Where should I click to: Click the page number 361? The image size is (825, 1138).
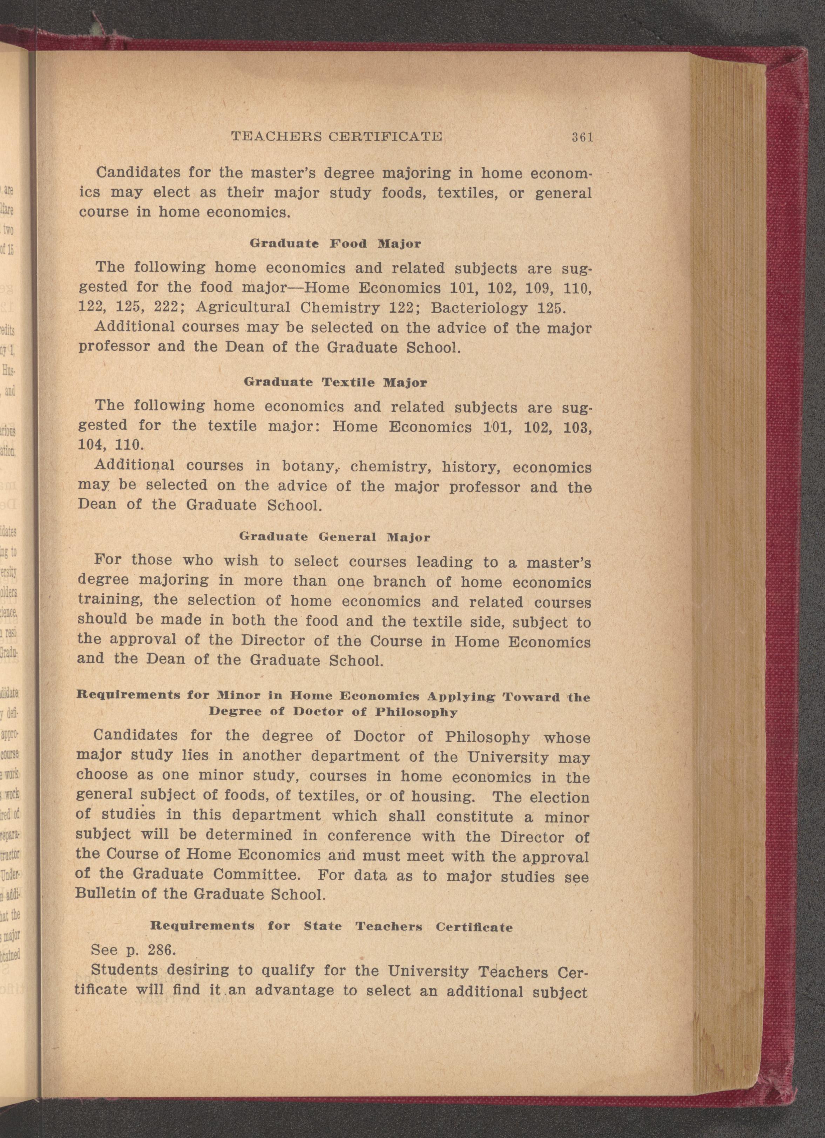(x=582, y=137)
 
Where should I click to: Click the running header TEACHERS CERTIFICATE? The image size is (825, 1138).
(x=336, y=136)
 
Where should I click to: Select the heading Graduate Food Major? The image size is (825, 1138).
(x=335, y=244)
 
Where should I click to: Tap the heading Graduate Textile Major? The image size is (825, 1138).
(x=335, y=382)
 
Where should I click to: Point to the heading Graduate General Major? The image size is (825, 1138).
(x=335, y=537)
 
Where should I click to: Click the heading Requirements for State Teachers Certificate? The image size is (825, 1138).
(x=331, y=926)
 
